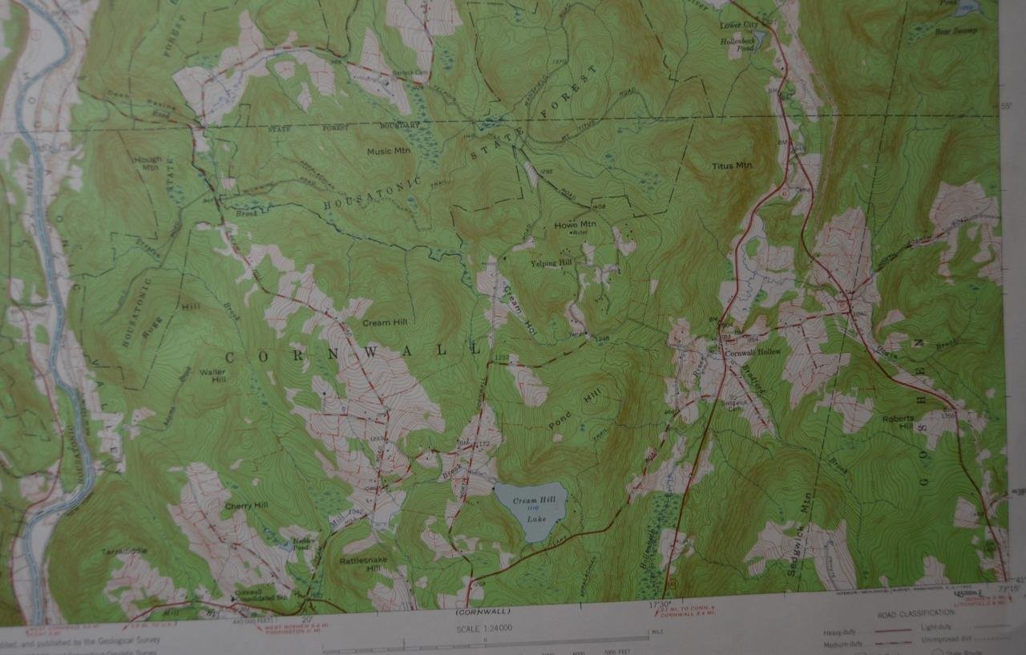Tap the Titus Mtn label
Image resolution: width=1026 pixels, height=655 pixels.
(732, 166)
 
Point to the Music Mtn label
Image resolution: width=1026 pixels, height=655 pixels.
(388, 151)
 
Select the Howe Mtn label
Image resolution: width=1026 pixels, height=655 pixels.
(576, 224)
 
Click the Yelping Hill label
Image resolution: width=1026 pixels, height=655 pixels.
(551, 262)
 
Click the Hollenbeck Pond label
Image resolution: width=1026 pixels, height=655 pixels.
(741, 44)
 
